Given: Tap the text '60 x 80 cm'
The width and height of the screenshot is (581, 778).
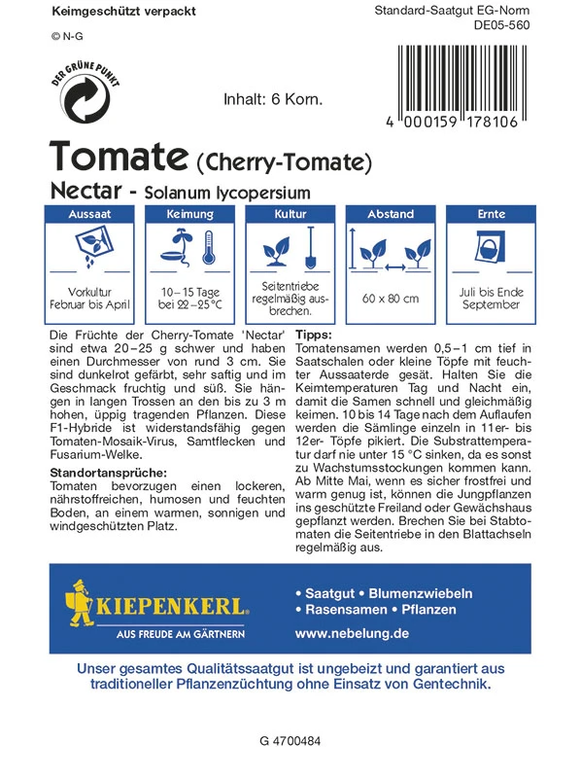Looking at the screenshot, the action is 391,298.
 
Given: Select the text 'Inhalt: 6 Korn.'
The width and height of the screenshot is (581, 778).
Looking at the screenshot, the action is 273,99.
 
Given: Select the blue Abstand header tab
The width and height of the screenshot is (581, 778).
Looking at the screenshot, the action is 390,214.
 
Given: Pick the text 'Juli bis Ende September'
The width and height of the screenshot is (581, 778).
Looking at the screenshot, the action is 492,298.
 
